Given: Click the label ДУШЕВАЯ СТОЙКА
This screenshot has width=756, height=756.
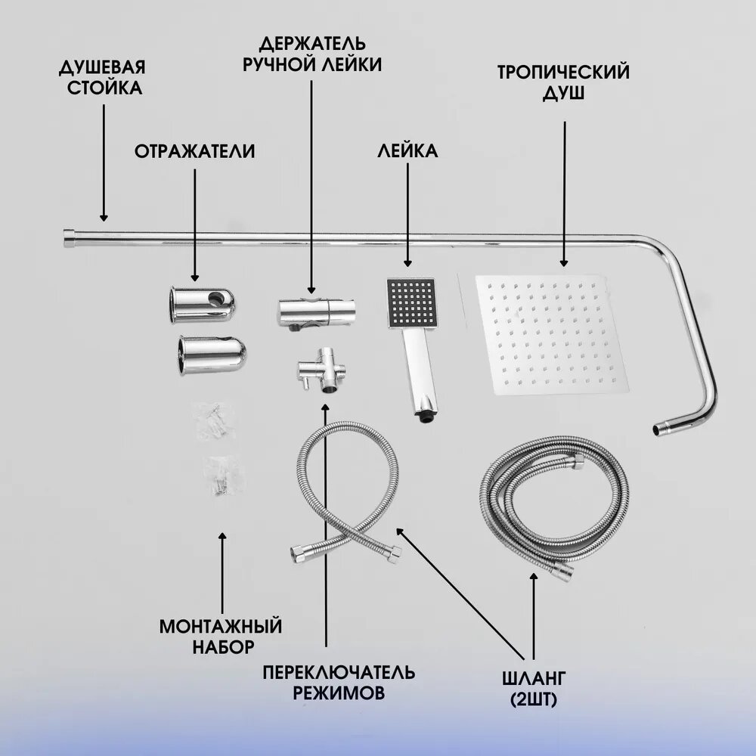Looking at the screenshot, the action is click(x=102, y=78).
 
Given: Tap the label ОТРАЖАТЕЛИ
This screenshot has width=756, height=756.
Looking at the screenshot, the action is click(x=194, y=151).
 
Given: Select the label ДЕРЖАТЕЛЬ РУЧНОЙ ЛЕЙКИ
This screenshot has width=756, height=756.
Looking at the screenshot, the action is click(x=311, y=53).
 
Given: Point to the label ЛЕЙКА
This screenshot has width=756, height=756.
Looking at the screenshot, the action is click(x=407, y=151).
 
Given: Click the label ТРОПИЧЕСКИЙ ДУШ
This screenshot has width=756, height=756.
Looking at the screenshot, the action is click(x=563, y=83).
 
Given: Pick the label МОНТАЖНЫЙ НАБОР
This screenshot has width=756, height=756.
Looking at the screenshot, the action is click(x=221, y=636).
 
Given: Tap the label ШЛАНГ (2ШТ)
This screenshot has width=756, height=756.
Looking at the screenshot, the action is click(x=534, y=687).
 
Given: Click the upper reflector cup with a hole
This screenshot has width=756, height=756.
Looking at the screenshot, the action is click(x=202, y=302).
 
